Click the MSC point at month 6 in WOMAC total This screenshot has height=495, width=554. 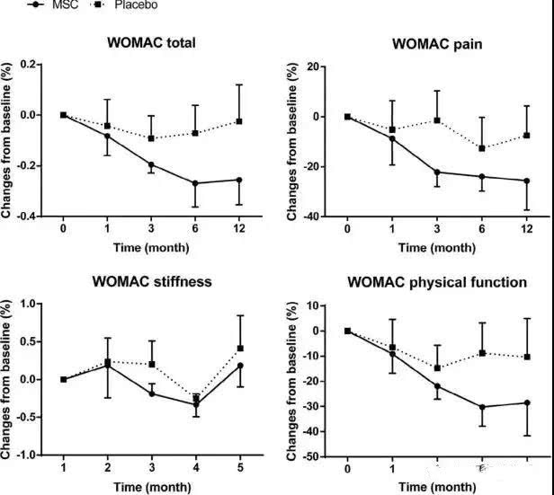tap(195, 183)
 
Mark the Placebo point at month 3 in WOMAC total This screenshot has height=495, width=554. tap(151, 138)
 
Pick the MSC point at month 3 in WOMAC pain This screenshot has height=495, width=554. tap(436, 172)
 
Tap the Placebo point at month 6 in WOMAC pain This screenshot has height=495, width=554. tap(481, 148)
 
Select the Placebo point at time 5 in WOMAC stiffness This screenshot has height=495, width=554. tap(240, 349)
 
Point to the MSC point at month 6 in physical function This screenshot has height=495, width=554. tap(481, 407)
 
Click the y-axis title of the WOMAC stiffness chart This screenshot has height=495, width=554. tap(9, 379)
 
